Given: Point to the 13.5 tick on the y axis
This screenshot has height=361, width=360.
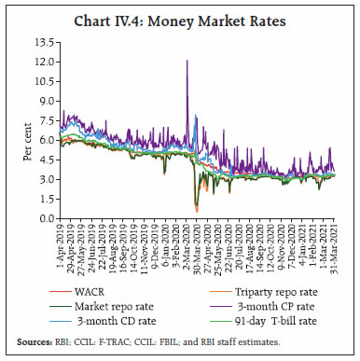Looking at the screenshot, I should (43, 43).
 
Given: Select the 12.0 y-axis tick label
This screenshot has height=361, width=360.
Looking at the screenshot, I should (43, 62).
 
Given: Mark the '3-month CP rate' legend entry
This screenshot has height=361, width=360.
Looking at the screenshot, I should (266, 308).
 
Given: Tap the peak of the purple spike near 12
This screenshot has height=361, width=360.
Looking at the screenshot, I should (187, 61).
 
